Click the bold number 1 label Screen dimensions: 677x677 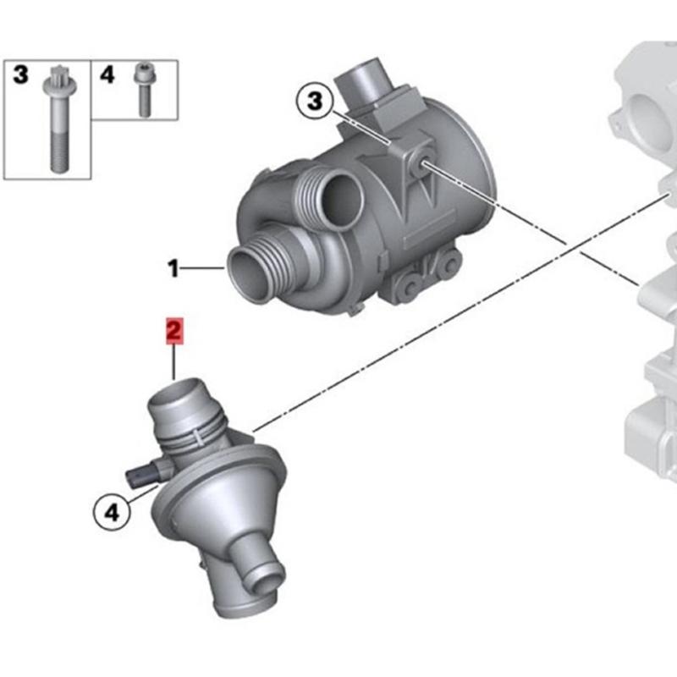point(173,270)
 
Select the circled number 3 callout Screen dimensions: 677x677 point(314,103)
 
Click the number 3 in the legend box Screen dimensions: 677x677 point(21,74)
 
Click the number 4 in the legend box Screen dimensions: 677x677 point(106,74)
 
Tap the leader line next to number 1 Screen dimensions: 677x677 point(203,270)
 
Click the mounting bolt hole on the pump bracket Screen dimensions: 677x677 point(421,167)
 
